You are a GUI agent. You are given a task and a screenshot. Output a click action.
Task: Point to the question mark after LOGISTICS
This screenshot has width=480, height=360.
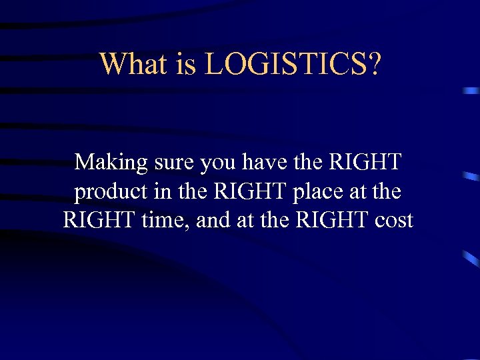[374, 65]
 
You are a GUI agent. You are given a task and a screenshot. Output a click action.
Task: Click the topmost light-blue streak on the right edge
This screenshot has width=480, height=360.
[471, 90]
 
